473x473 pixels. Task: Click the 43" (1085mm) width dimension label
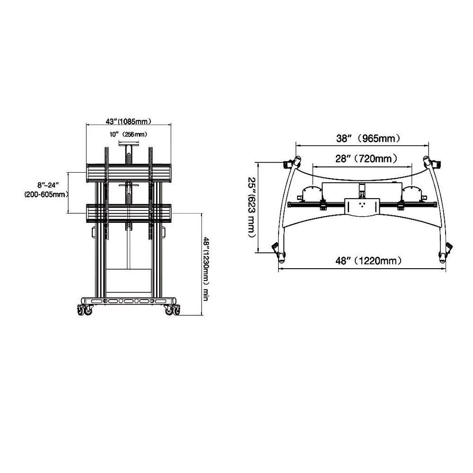pyautogui.click(x=128, y=121)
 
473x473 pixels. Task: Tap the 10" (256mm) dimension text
pyautogui.click(x=128, y=134)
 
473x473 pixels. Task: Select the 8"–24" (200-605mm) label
pyautogui.click(x=45, y=190)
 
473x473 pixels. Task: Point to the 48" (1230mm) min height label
pyautogui.click(x=206, y=269)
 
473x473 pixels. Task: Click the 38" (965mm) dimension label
pyautogui.click(x=368, y=139)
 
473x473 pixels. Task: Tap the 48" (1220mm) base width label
pyautogui.click(x=368, y=261)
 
